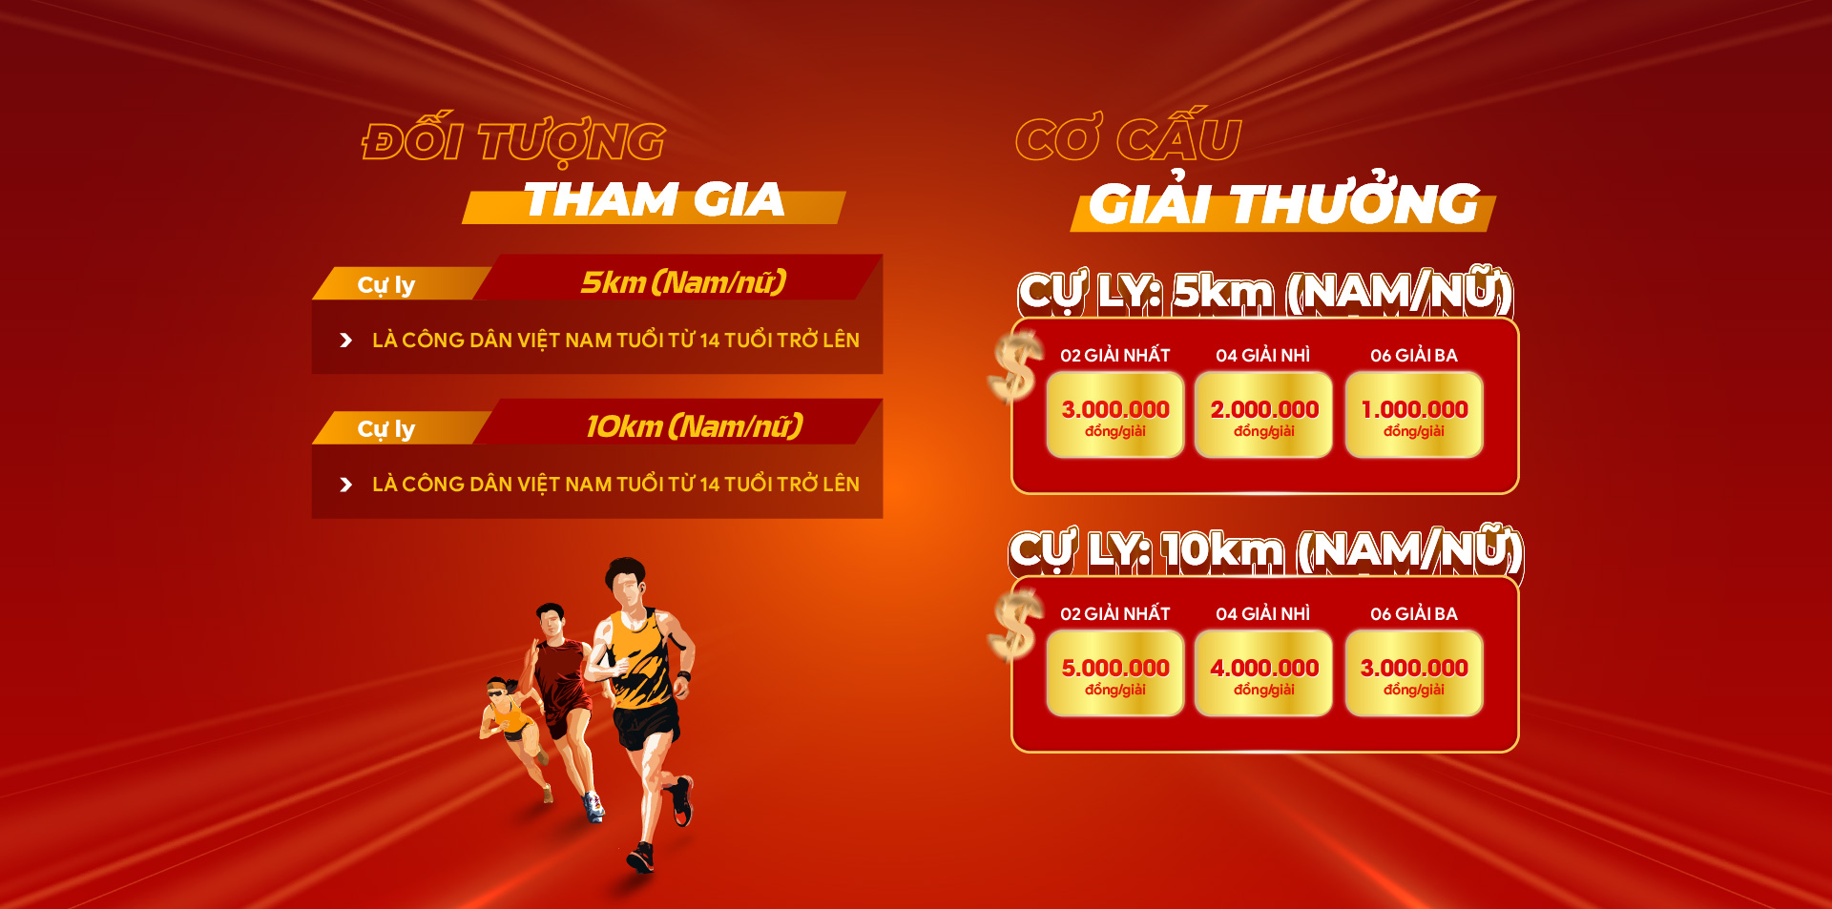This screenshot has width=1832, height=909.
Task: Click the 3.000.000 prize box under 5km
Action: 1114,415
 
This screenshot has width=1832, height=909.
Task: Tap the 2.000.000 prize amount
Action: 1264,409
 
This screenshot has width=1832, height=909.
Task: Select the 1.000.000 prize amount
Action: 1414,409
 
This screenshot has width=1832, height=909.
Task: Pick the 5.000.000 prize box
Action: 1114,673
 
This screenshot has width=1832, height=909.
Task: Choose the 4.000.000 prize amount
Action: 1264,668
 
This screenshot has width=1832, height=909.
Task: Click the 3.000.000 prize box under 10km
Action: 1414,673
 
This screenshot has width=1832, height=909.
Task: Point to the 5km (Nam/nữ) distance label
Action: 684,282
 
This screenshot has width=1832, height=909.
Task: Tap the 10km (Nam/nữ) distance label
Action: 695,426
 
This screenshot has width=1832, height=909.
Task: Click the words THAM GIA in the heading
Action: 655,200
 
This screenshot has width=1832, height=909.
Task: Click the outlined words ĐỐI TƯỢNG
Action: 513,141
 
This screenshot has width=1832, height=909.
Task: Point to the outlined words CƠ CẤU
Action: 1129,136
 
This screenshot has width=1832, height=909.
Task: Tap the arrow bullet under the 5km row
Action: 346,341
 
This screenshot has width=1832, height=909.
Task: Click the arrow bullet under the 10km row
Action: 346,485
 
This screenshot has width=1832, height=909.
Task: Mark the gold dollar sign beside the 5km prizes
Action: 1014,368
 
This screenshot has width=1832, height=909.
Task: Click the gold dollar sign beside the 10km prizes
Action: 1014,626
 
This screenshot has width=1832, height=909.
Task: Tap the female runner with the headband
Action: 515,734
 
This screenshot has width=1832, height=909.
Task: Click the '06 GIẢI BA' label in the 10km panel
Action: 1414,613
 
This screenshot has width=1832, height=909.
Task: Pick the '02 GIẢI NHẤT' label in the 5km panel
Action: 1114,355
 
